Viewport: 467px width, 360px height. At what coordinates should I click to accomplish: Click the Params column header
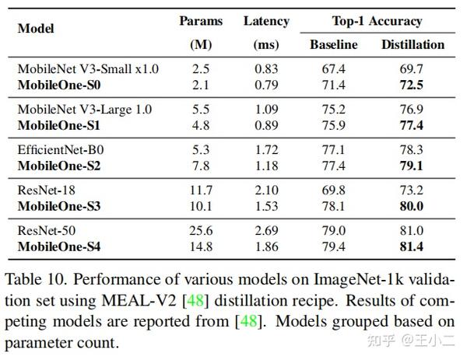201,22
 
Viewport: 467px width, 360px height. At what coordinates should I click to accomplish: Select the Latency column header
266,22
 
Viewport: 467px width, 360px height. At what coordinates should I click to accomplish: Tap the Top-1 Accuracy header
376,22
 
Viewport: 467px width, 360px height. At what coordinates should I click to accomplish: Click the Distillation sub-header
413,45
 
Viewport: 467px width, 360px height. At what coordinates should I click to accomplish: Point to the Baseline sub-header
334,45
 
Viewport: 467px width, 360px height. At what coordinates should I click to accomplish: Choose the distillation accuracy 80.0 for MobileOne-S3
413,206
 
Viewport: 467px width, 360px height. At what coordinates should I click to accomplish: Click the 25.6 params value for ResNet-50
201,230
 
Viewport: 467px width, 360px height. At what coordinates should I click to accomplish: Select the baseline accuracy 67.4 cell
334,69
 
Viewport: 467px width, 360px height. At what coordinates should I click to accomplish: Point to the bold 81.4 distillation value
413,247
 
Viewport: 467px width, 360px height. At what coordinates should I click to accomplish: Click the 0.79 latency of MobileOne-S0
266,83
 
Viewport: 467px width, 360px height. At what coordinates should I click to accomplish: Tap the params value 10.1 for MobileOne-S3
201,206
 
